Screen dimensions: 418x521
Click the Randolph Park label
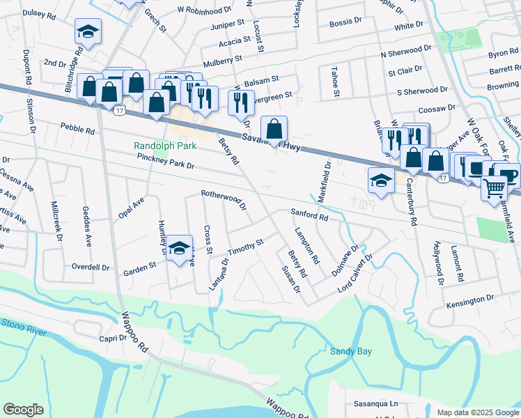165,146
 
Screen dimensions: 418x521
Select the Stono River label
22,324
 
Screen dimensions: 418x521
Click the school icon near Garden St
179,249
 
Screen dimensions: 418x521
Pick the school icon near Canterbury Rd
381,181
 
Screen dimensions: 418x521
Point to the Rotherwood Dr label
224,199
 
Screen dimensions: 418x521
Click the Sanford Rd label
309,216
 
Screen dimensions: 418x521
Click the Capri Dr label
112,339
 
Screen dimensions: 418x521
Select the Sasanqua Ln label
375,403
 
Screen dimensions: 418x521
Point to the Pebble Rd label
77,128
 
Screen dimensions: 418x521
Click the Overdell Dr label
91,267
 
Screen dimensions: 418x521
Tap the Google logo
23,409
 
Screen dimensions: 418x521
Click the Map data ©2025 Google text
477,412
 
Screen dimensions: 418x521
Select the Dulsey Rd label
41,13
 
